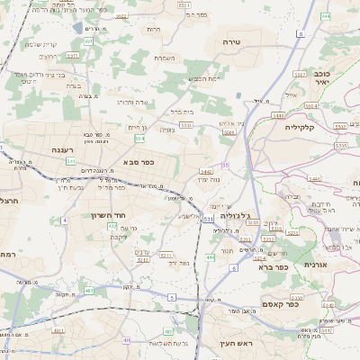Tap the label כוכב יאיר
click(325, 76)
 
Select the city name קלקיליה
click(312, 127)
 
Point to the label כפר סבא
click(139, 162)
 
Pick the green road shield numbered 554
click(139, 139)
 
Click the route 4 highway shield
click(64, 220)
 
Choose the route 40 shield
click(127, 340)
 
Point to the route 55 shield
click(225, 165)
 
